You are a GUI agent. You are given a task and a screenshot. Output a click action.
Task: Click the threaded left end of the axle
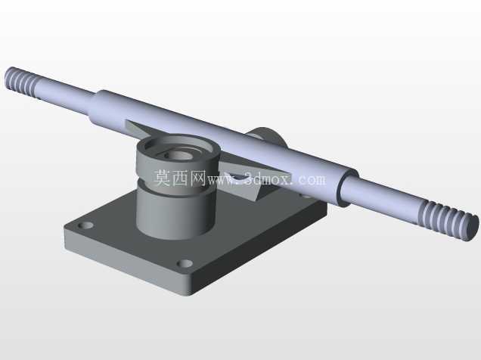[22, 79]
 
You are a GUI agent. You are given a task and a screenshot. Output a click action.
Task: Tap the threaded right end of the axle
[448, 219]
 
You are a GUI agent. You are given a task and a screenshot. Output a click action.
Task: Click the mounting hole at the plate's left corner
[85, 225]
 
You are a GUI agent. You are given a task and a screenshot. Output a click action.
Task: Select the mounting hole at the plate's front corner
[185, 263]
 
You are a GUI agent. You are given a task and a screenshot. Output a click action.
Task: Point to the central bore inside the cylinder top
[178, 154]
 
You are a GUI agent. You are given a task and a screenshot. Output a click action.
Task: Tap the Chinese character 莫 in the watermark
[162, 178]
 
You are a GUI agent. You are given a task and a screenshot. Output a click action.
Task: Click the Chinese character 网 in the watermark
[197, 178]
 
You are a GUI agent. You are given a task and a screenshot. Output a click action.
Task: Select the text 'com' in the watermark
[312, 179]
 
